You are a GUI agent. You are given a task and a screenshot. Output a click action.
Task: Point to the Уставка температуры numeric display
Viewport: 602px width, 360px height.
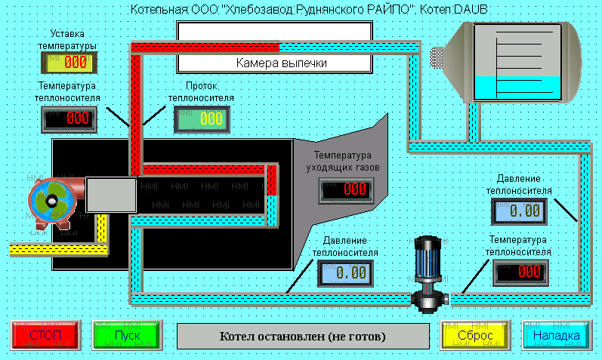[74, 63]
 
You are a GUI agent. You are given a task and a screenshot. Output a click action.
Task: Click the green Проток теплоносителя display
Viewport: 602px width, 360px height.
[202, 118]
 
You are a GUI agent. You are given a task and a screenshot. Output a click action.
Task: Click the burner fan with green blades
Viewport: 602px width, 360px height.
[52, 202]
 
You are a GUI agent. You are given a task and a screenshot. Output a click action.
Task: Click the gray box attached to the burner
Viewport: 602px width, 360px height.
[110, 195]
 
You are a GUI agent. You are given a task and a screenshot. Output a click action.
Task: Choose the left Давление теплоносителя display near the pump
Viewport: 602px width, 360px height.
[347, 272]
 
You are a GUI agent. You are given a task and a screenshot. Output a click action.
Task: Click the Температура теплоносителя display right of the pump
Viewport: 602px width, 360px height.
[520, 272]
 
